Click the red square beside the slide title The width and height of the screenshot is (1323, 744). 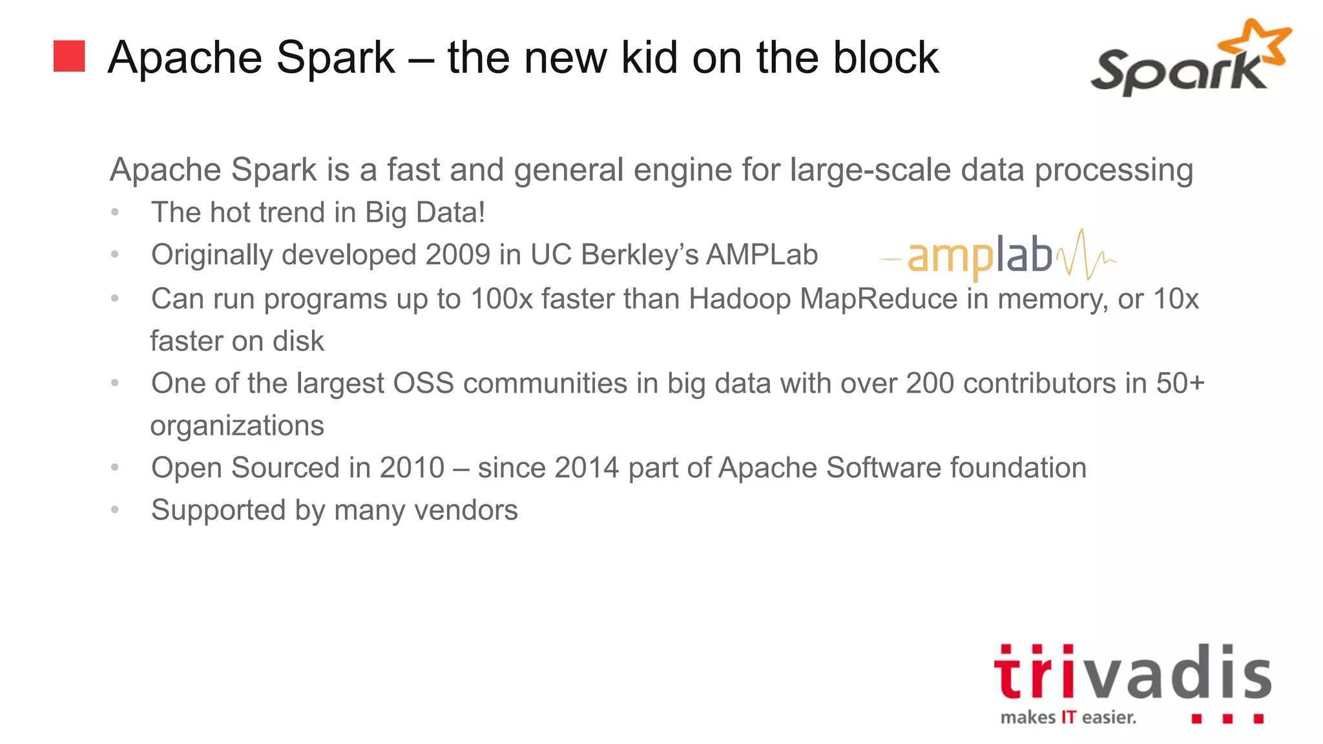pyautogui.click(x=69, y=56)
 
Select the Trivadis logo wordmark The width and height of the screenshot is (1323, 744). pyautogui.click(x=1132, y=672)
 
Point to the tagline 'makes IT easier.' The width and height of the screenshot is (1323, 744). pyautogui.click(x=1068, y=718)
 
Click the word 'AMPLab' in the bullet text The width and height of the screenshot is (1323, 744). pyautogui.click(x=762, y=254)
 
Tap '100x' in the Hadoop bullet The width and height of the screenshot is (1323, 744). pyautogui.click(x=501, y=298)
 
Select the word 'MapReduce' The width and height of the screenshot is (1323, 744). pyautogui.click(x=879, y=298)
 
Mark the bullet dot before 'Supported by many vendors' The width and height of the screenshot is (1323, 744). pyautogui.click(x=115, y=510)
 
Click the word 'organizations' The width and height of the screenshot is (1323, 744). pyautogui.click(x=237, y=426)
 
